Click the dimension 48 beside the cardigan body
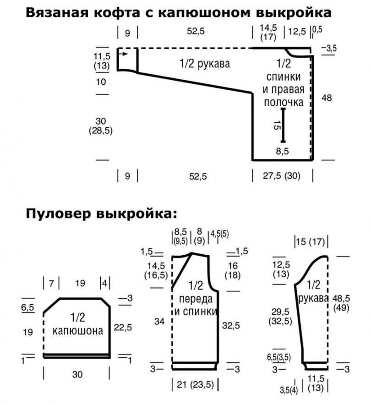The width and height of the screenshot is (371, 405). pos(327,98)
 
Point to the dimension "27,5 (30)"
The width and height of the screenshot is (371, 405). pos(282,175)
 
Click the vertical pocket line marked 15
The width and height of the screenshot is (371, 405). pos(283,124)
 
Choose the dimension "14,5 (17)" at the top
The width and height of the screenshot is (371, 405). pos(268,32)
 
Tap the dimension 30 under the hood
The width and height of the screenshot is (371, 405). pos(77,375)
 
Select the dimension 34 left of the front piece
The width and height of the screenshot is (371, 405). pos(159,322)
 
